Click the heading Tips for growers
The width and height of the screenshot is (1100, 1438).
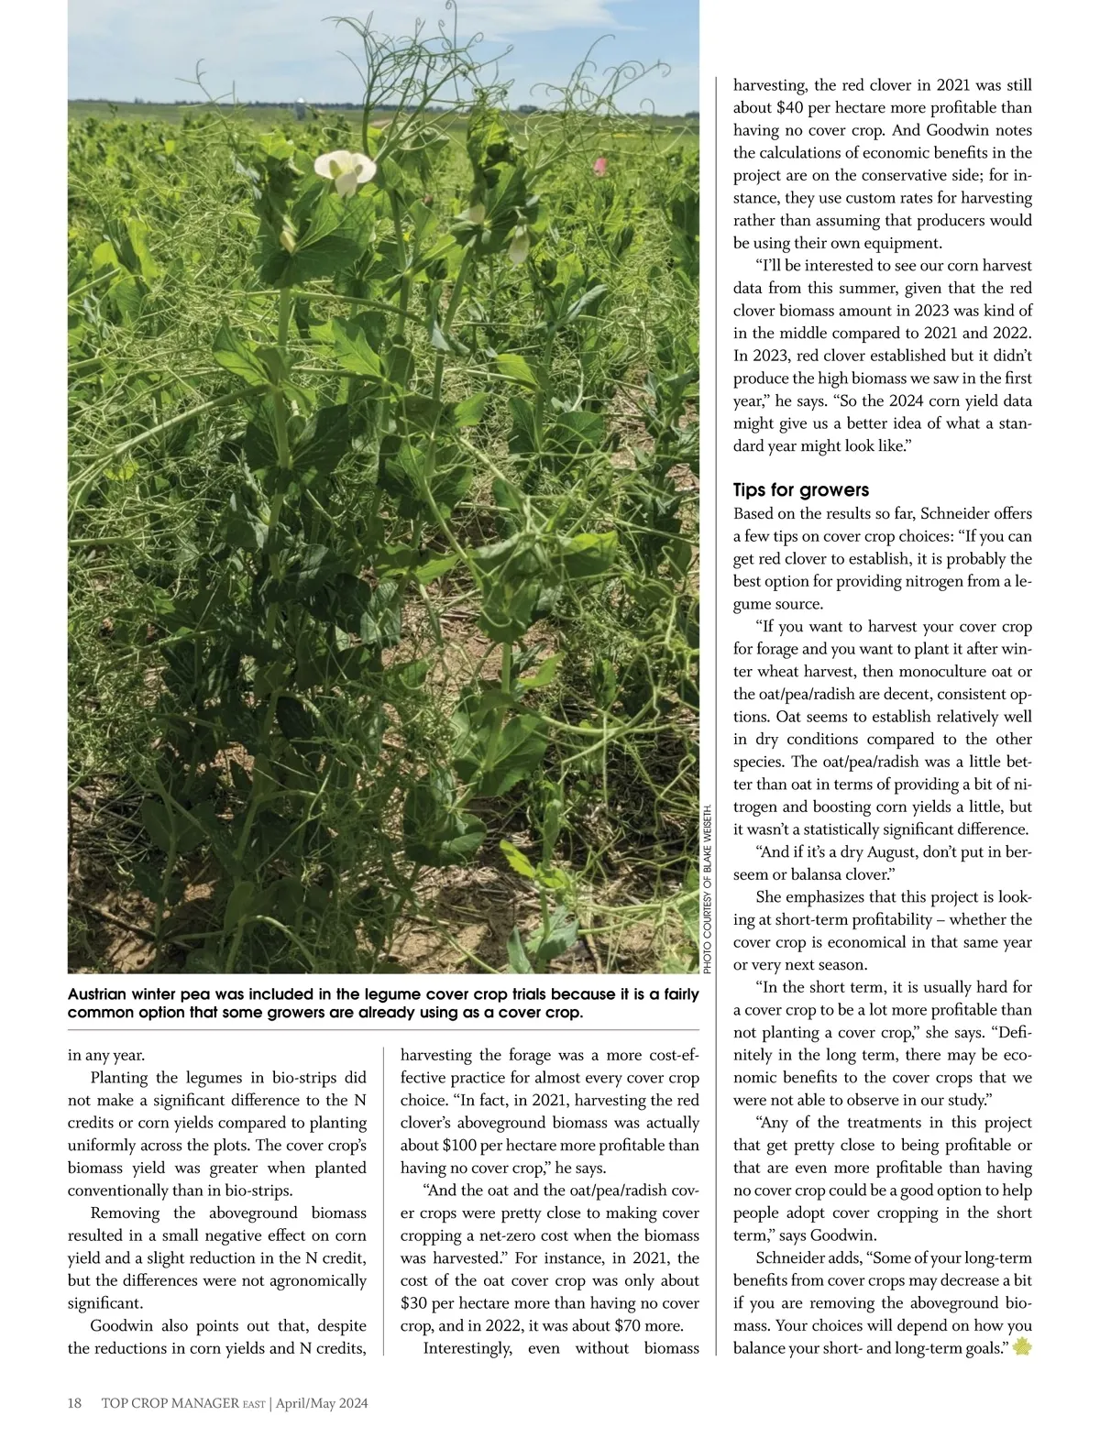pyautogui.click(x=800, y=490)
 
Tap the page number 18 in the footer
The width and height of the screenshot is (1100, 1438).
pyautogui.click(x=75, y=1403)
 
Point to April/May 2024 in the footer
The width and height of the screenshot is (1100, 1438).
pyautogui.click(x=322, y=1403)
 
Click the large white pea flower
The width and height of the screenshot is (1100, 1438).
pyautogui.click(x=345, y=170)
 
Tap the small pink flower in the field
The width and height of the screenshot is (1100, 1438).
pyautogui.click(x=600, y=166)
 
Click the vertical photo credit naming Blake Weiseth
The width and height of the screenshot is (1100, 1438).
pyautogui.click(x=708, y=889)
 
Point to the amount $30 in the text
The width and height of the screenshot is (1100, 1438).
pyautogui.click(x=416, y=1303)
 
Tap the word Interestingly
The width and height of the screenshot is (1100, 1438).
pyautogui.click(x=467, y=1348)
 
